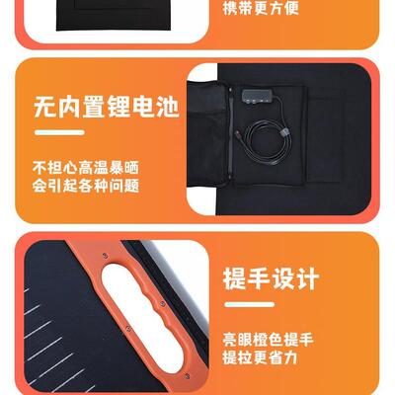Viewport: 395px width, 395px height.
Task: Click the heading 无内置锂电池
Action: pos(106,105)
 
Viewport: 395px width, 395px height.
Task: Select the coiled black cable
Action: pos(263,148)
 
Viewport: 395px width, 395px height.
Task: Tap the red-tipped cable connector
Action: pos(244,129)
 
